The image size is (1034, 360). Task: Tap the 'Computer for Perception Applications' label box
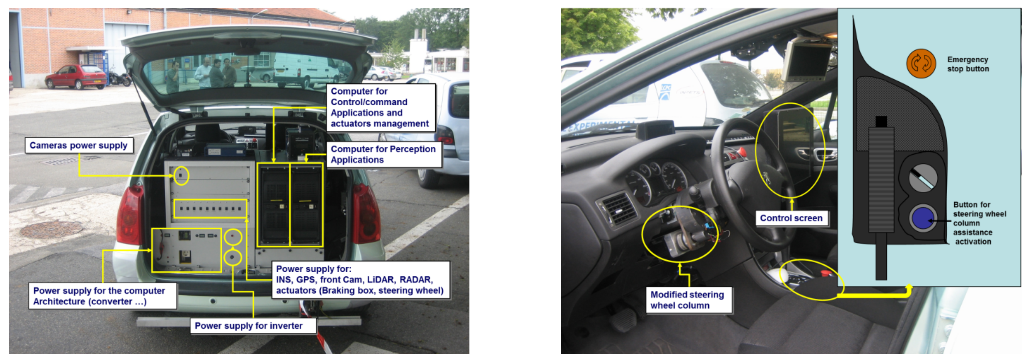384,155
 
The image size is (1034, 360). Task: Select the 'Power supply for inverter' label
253,325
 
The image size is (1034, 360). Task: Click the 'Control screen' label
792,218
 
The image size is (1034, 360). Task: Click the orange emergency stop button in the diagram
921,64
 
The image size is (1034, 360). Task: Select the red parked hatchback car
76,76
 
